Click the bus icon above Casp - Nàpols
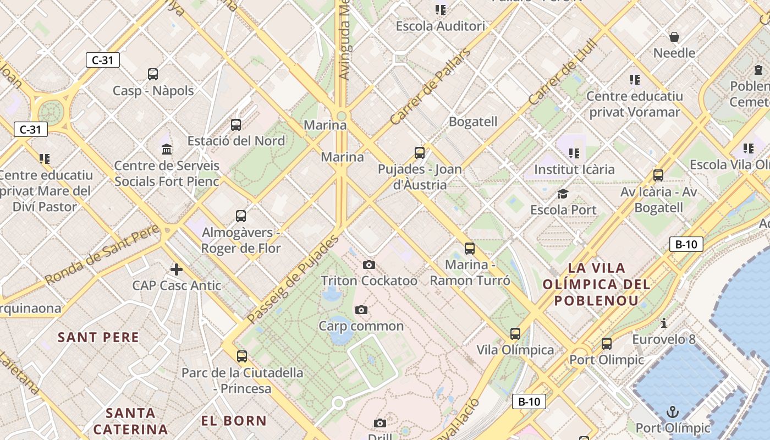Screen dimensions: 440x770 [153, 74]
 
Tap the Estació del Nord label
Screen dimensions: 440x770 [236, 141]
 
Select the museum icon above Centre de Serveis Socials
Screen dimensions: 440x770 [167, 149]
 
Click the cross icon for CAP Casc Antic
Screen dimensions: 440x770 [177, 269]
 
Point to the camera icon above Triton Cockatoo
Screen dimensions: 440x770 [369, 265]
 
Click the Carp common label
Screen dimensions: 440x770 [361, 326]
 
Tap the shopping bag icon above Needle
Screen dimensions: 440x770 [674, 37]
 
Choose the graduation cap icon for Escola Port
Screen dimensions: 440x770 [563, 194]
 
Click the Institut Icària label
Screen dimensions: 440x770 [574, 169]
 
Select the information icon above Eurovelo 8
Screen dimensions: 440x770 [664, 323]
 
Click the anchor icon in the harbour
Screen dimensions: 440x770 [672, 411]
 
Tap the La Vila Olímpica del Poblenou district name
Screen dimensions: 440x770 [597, 284]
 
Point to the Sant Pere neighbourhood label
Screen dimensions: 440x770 [98, 337]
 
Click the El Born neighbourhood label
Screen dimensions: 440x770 [234, 421]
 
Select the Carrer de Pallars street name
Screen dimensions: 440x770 [430, 86]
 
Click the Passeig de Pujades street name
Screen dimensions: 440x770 [292, 280]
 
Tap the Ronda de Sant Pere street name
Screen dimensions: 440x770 [102, 255]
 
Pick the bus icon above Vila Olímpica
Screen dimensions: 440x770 [515, 334]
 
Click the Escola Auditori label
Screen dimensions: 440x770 [441, 26]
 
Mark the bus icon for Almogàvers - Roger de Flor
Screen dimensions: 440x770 [240, 216]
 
